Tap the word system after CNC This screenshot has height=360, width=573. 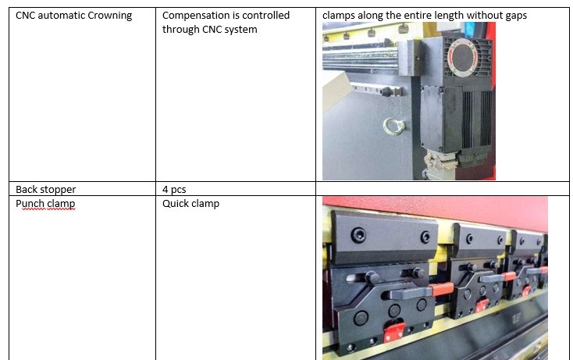click(x=240, y=30)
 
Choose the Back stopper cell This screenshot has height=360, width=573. click(x=82, y=188)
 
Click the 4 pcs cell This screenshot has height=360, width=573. click(x=236, y=188)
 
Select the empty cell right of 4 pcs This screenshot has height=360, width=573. click(x=442, y=188)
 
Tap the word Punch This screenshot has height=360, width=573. click(x=30, y=204)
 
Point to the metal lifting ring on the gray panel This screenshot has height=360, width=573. click(x=393, y=127)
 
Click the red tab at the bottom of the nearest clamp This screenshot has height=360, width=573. click(x=393, y=332)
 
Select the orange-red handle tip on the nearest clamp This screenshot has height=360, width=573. click(x=442, y=290)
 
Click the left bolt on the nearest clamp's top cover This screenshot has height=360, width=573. click(x=358, y=235)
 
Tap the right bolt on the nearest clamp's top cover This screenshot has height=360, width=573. click(x=425, y=237)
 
